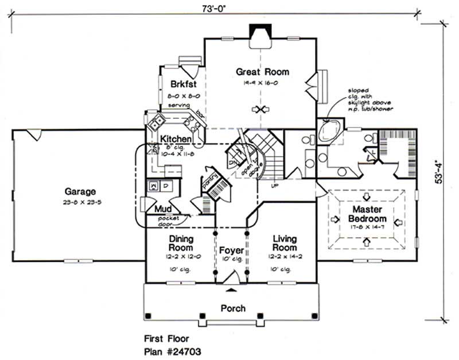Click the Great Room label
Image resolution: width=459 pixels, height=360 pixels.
tap(262, 72)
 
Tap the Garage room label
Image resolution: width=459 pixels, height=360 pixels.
tap(80, 192)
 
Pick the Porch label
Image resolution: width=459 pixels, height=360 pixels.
tap(233, 308)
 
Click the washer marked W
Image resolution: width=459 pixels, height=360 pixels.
tap(153, 187)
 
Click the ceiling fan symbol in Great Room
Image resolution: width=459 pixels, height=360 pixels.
tap(262, 109)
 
